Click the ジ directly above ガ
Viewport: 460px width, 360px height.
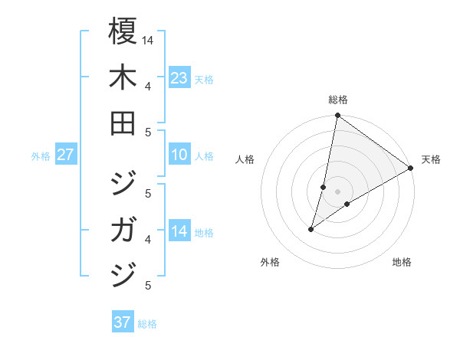(123, 184)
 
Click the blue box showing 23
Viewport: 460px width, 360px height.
(179, 77)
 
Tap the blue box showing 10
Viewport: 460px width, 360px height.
(179, 155)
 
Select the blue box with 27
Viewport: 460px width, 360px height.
(65, 155)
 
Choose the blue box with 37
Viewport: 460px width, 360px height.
(122, 322)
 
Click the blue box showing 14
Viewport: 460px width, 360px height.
(179, 231)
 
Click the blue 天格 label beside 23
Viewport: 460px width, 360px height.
(204, 79)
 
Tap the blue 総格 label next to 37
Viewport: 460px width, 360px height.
(147, 324)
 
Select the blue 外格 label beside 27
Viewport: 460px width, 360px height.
(41, 156)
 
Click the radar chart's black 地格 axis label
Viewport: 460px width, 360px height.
(402, 262)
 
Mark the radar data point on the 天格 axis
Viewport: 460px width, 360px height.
(411, 169)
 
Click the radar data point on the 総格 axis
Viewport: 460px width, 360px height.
(337, 116)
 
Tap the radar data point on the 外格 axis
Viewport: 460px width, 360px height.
(311, 229)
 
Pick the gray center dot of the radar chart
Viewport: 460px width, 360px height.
(337, 191)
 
